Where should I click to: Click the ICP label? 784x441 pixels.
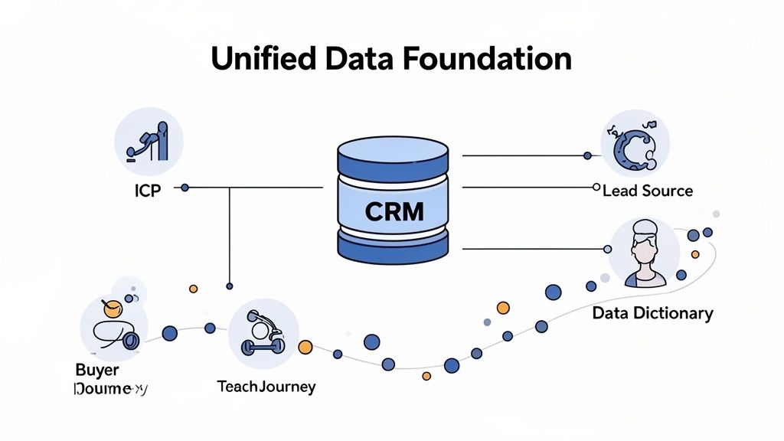click(145, 191)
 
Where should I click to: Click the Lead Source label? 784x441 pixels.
click(647, 190)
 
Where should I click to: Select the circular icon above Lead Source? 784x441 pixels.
click(635, 143)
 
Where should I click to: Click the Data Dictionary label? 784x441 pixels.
click(652, 313)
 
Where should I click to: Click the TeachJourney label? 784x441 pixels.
click(266, 387)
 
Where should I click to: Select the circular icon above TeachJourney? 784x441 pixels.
click(263, 334)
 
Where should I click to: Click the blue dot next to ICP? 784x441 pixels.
click(185, 187)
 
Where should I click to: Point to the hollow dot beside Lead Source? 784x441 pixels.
click(596, 187)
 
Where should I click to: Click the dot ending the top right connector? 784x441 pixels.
click(587, 155)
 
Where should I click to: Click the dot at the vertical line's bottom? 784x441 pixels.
click(229, 286)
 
